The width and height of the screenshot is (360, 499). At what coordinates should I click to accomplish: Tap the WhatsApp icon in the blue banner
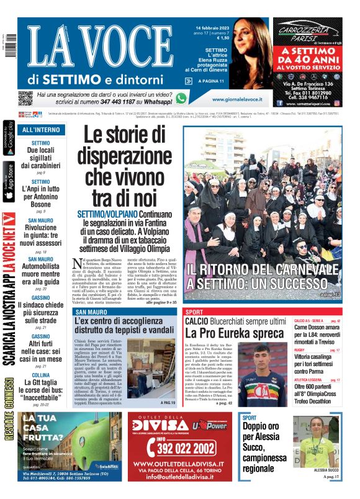coord(181,98)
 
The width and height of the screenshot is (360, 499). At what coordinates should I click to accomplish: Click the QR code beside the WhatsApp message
coord(25,98)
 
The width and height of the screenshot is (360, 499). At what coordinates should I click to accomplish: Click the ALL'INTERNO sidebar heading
coord(41,130)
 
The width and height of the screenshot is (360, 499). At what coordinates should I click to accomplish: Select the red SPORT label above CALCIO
coord(194,312)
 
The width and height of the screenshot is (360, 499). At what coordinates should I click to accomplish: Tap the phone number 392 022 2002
coord(175,445)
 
